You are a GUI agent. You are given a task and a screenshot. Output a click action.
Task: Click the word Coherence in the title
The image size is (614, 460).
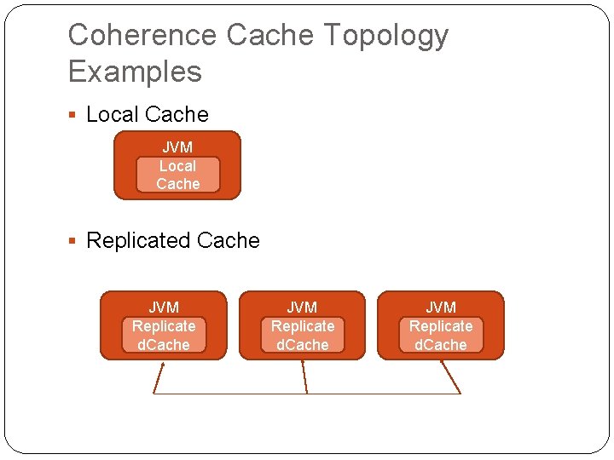(142, 34)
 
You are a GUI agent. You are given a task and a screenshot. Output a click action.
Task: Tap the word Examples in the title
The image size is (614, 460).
(135, 72)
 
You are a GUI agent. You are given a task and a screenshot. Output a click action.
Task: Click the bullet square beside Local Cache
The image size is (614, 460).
(72, 115)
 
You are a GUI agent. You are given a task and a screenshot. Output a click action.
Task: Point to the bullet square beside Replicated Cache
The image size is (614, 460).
(72, 240)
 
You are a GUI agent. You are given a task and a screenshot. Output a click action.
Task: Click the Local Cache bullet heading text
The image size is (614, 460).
(148, 114)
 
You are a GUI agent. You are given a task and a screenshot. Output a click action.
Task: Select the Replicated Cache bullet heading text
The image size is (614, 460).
(172, 240)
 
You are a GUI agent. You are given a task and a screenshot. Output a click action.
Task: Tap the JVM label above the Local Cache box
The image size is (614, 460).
(177, 147)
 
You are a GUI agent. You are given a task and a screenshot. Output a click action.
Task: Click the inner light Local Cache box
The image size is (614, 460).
(177, 175)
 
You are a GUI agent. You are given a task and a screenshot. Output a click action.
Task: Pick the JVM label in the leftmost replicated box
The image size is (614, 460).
(164, 308)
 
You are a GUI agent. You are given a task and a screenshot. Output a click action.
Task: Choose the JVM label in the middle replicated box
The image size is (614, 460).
(302, 308)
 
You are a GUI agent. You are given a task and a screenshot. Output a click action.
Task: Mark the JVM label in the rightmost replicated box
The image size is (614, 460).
(441, 308)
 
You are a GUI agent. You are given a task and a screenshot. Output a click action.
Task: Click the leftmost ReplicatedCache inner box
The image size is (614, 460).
(164, 335)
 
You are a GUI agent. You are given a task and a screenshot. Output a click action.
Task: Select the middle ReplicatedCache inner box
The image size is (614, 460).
(303, 335)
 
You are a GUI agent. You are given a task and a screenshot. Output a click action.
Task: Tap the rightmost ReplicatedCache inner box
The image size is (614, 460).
(441, 335)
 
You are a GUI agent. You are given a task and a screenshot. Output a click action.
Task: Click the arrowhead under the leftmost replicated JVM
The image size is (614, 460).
(163, 365)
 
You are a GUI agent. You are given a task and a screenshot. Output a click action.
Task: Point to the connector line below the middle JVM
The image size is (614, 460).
(304, 377)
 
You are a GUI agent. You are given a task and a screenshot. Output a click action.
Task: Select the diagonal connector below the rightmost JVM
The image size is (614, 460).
(451, 377)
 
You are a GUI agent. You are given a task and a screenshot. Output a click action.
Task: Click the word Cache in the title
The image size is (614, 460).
(269, 34)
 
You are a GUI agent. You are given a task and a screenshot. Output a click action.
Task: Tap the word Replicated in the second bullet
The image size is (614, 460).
(139, 240)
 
